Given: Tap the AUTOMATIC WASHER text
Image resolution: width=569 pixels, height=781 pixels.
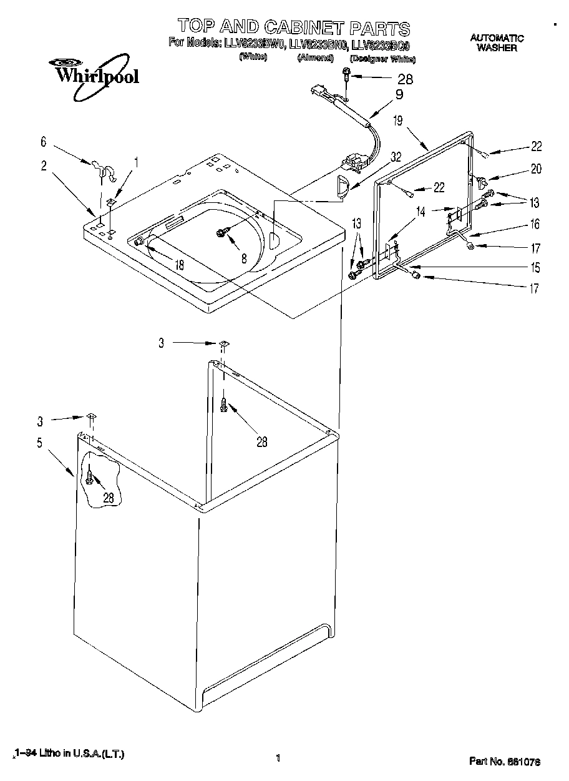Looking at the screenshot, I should tap(497, 42).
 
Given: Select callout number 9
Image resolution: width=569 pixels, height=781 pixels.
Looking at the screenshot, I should tap(399, 95).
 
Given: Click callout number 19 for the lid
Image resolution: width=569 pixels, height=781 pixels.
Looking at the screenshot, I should tap(398, 121).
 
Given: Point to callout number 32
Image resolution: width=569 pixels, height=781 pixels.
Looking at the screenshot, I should tap(395, 159).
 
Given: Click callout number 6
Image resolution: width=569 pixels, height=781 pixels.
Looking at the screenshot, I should tap(43, 142).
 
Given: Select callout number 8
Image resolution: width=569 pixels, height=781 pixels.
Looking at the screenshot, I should tap(244, 257).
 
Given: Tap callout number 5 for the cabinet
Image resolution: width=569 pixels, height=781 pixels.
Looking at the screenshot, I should tap(39, 443).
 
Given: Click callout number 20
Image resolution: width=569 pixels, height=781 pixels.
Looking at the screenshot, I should tap(536, 169).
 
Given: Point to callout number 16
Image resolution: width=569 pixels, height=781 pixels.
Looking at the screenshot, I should tap(535, 225).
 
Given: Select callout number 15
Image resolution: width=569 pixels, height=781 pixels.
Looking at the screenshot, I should tap(535, 268).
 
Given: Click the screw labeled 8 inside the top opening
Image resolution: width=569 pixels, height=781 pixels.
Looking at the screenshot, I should tap(221, 233).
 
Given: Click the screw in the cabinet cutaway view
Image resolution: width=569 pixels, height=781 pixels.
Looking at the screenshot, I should tap(91, 478).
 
